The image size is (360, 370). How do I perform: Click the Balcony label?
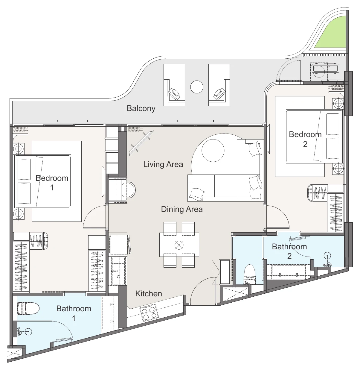[141, 109]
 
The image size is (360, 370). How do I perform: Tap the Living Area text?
[163, 164]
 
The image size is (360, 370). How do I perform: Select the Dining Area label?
[182, 209]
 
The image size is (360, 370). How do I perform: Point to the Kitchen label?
[149, 294]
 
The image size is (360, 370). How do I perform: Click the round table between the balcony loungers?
[197, 87]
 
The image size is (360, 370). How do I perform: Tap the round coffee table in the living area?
[213, 150]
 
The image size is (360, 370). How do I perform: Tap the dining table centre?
[179, 245]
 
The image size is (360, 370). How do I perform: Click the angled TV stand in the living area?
[141, 143]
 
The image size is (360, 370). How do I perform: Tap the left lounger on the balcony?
[174, 85]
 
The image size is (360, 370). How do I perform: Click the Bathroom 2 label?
[289, 251]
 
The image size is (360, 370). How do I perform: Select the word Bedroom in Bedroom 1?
[52, 178]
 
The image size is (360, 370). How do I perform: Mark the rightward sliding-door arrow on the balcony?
[212, 121]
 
